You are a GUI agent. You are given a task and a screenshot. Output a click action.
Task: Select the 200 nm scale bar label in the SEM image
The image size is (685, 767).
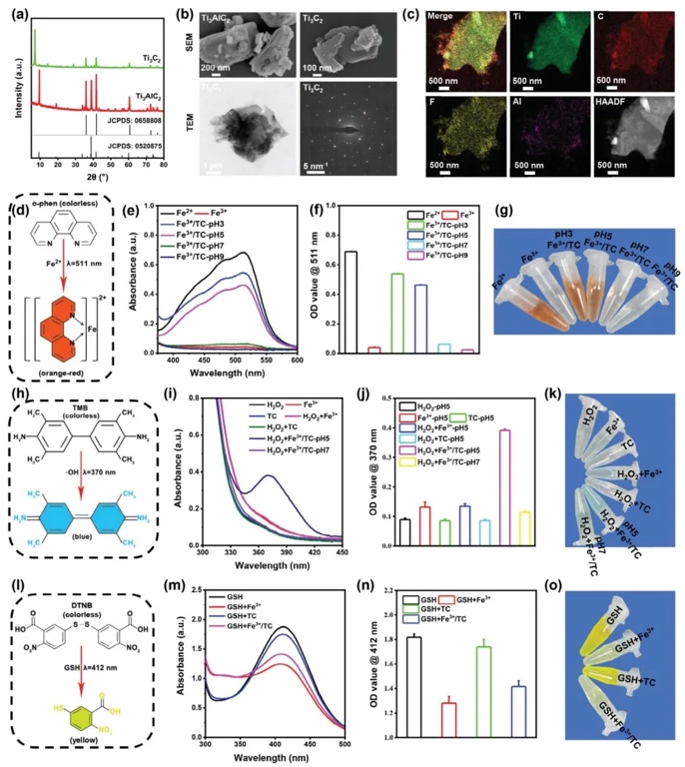[224, 69]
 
